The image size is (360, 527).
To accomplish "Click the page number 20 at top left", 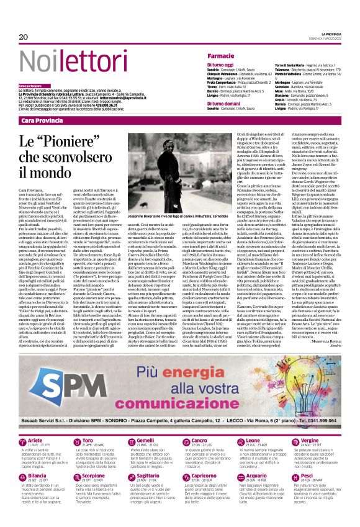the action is [x=23, y=37].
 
